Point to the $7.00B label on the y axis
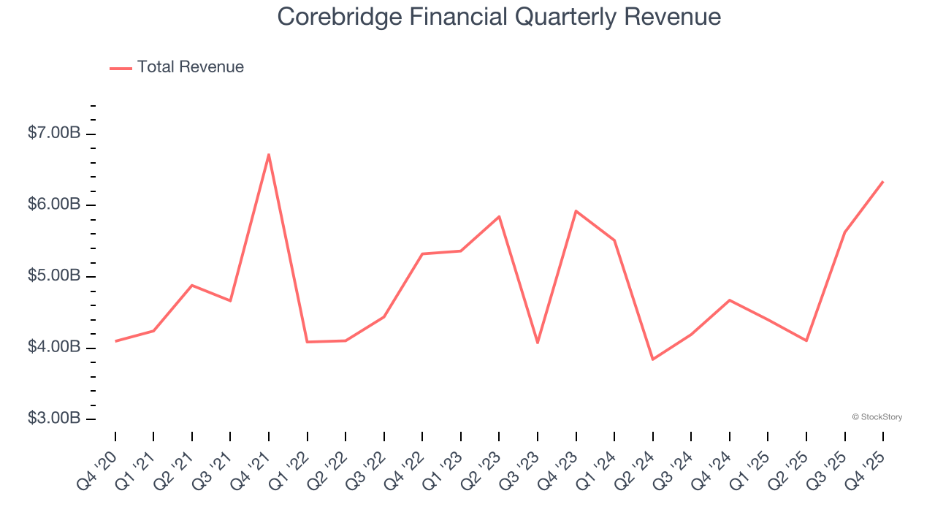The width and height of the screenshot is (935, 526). pos(53,133)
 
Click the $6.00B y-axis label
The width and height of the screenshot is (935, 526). pos(53,205)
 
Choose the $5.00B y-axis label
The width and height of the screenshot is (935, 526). pos(53,276)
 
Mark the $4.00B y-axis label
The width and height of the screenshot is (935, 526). pos(53,347)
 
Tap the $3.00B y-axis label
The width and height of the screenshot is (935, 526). pos(53,419)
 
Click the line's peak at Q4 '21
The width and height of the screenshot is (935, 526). pos(269,154)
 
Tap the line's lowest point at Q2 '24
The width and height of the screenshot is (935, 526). pos(652,359)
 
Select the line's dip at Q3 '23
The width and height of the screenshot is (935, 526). pos(538,343)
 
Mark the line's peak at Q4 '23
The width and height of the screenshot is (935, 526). pos(576,211)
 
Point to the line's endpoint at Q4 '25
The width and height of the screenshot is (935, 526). pos(883,181)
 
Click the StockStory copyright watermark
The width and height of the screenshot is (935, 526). pos(877,417)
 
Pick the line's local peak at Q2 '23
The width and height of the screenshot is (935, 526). pos(499,216)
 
